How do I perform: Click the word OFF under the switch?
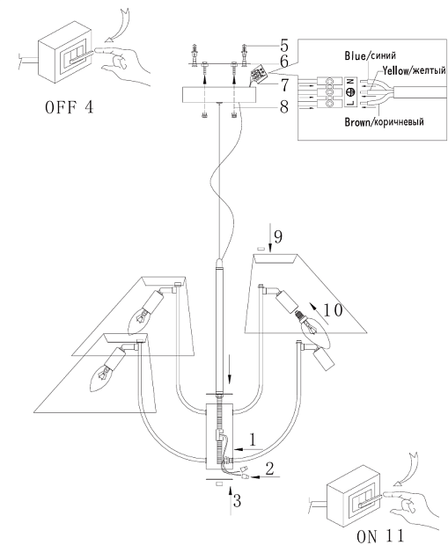coord(61,107)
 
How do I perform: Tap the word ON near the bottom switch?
coord(366,536)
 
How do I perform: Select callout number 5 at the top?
coord(284,46)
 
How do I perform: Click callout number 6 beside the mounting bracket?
coord(284,62)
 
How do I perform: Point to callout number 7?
coord(284,85)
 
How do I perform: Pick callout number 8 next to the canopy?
coord(284,106)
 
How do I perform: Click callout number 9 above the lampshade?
coord(278,236)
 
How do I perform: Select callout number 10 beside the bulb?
coord(333,310)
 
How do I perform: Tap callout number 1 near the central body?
coord(253,440)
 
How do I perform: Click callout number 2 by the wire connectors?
coord(269,469)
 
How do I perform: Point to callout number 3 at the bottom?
coord(237,501)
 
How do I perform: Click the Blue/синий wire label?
coord(370,55)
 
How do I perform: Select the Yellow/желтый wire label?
coord(415,71)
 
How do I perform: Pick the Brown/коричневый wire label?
coord(384,122)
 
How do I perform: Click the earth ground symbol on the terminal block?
coord(351,91)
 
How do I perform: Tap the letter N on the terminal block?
coord(351,82)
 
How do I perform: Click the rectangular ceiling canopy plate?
coord(219,94)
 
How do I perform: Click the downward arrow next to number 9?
coord(270,237)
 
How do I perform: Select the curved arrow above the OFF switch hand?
coord(119,25)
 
